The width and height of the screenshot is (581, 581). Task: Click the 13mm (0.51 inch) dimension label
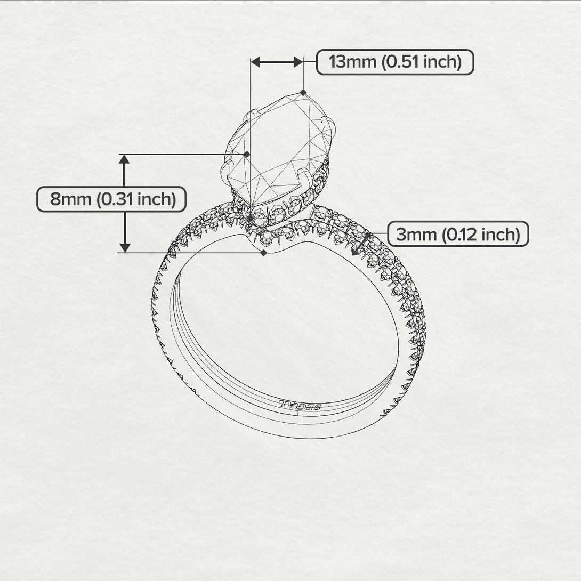click(394, 62)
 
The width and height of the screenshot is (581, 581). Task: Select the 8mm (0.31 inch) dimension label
click(111, 199)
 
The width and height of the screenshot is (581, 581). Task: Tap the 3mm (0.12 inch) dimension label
click(457, 234)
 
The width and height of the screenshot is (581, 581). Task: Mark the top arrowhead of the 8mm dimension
click(125, 159)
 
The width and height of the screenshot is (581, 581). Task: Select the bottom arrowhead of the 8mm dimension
click(125, 247)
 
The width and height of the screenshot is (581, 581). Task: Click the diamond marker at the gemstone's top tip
click(303, 92)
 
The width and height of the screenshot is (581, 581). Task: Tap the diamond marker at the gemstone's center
click(247, 154)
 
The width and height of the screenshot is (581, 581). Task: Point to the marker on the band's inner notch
click(264, 253)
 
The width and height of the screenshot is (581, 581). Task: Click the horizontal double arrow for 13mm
click(277, 62)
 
